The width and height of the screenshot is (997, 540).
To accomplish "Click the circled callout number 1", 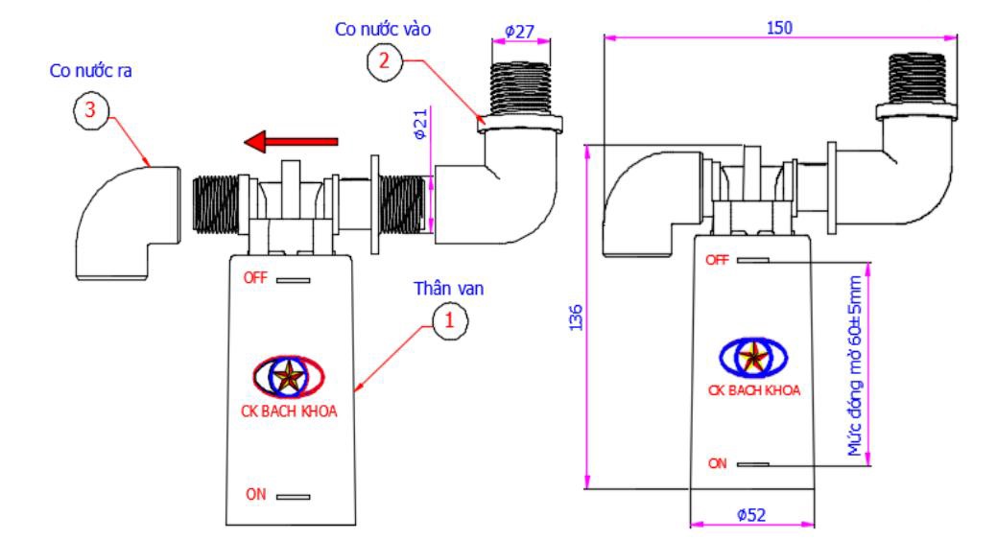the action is point(449,320).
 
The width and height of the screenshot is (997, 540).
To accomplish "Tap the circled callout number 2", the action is point(384,61).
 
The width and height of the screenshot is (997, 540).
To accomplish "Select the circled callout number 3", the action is point(91,110).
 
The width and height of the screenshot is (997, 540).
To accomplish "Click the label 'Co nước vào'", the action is point(383,29).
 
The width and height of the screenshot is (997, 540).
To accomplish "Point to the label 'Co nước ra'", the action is point(91,71).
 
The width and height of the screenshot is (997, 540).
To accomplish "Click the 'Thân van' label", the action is point(449,289).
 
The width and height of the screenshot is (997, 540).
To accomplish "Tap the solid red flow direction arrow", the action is point(291,142).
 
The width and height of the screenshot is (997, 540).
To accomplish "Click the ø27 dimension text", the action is point(519,31).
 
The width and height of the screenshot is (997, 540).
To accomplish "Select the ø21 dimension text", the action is point(420,124).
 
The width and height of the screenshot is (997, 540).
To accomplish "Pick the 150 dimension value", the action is point(779,28).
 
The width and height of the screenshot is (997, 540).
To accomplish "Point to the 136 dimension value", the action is point(576,317).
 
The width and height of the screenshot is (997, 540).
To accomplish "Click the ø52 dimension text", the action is point(751,515).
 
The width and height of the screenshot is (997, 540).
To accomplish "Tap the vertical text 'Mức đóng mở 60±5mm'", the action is point(855,365).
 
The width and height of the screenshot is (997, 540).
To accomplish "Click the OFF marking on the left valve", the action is point(255,277).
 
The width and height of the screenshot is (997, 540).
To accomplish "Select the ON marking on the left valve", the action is point(256,494).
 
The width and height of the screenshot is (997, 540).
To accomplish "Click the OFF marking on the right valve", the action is point(717,260).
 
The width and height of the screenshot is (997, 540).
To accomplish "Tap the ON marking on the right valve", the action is point(717,464).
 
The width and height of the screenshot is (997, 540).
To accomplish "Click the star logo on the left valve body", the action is point(289,377).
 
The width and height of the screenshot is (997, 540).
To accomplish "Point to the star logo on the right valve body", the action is point(753,358).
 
